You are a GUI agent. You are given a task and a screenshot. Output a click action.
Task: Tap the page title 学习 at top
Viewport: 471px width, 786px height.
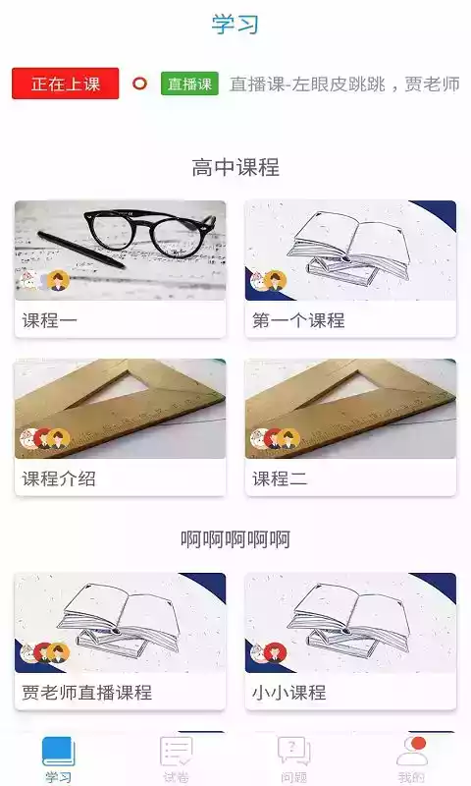coord(235,24)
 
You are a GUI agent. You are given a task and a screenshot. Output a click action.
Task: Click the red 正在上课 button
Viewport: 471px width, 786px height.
coord(66,84)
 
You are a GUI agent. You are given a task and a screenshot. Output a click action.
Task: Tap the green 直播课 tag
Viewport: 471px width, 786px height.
coord(189,84)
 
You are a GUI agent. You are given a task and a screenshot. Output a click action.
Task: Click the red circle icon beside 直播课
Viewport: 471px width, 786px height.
coord(139,84)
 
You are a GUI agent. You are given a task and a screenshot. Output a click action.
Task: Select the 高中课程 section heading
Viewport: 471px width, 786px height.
coord(235,167)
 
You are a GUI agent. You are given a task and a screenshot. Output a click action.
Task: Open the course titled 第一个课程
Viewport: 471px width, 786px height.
coord(298,320)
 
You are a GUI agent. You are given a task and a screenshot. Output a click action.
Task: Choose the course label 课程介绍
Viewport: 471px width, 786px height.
coord(59,479)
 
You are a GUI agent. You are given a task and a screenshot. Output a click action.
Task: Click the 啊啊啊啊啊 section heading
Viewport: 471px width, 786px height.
coord(235,539)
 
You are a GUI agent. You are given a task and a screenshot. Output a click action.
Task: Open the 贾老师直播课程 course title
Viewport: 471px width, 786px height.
coord(87,693)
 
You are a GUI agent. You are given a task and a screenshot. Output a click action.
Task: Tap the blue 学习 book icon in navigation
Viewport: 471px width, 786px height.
coord(58,752)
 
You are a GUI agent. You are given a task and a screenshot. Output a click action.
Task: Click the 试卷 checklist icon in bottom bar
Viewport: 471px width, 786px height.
coord(177,752)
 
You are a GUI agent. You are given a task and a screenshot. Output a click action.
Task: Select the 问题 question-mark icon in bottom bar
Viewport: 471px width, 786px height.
coord(294,752)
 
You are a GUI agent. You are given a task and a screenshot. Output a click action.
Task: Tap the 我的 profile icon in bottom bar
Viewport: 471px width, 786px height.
coord(412,752)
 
